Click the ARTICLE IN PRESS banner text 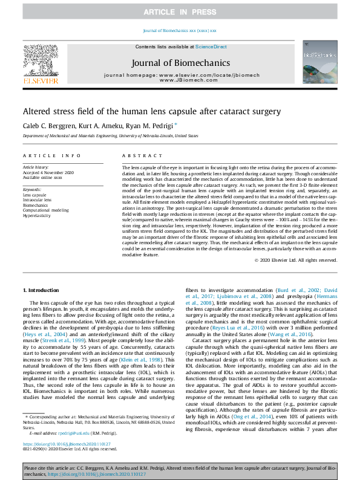point(180,12)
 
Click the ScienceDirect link point(211,47)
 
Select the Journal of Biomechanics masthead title point(180,62)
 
